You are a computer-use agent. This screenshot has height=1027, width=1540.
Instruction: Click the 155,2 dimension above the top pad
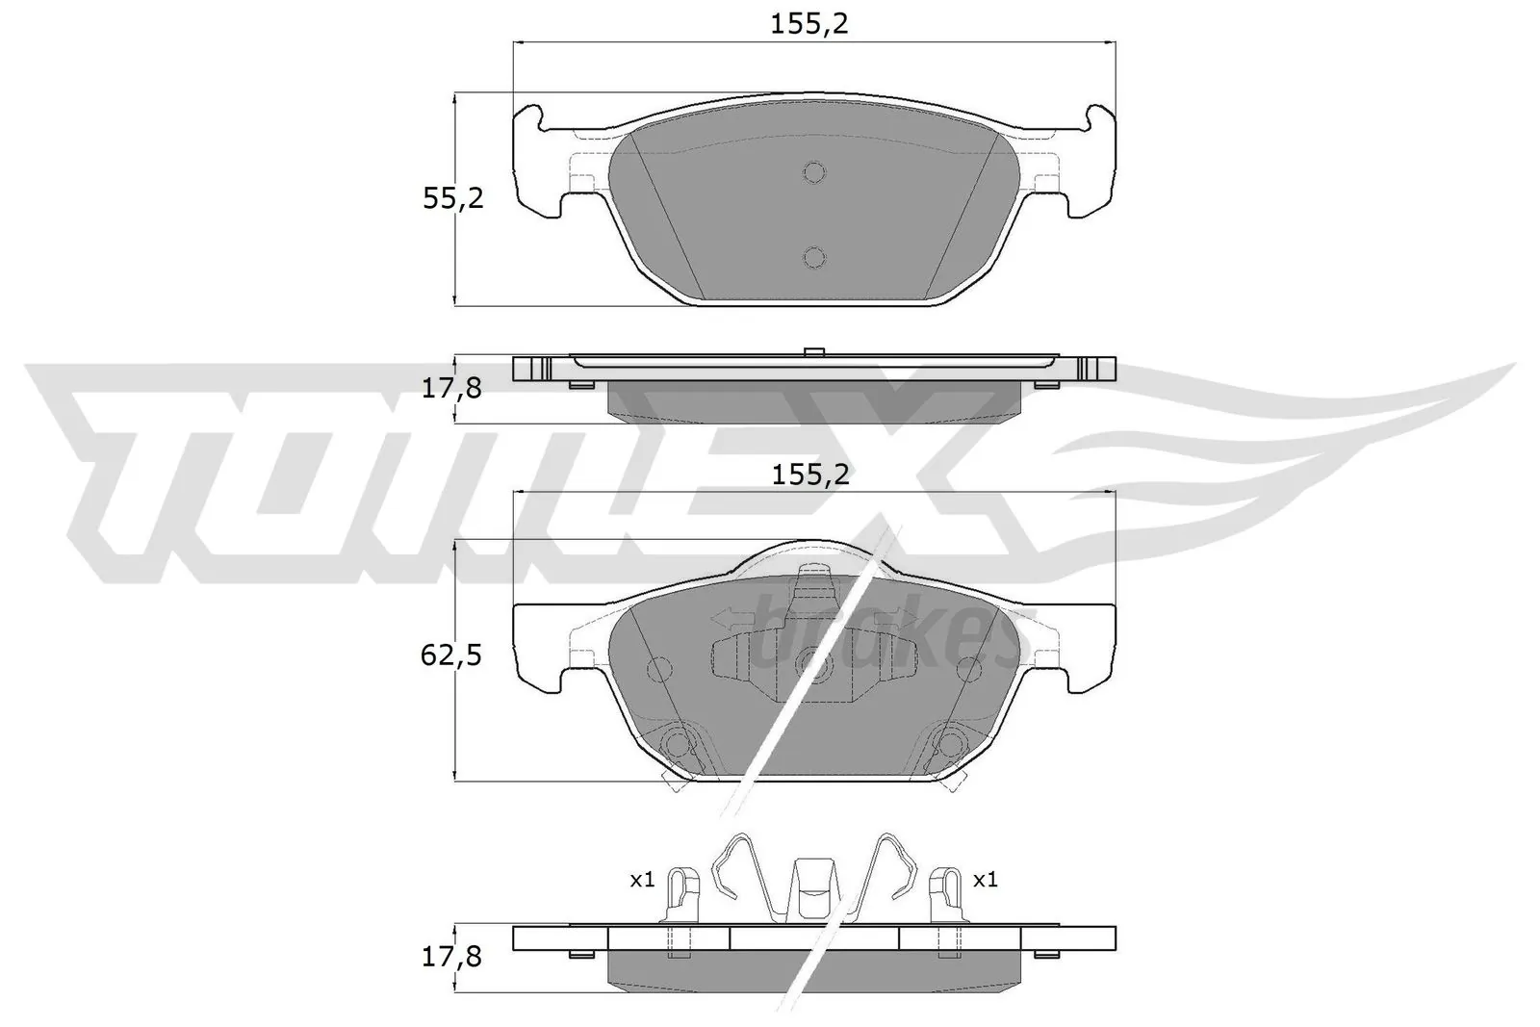point(809,25)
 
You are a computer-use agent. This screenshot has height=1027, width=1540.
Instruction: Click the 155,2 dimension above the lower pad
point(809,475)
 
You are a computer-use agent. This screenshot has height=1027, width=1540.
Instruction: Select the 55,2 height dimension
point(452,199)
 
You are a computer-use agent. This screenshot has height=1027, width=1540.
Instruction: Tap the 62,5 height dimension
point(452,656)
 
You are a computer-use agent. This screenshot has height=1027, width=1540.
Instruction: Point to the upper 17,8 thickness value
point(452,389)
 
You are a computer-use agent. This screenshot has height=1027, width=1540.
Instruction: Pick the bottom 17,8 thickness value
point(452,957)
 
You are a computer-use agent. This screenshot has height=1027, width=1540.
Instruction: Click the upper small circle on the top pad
point(814,173)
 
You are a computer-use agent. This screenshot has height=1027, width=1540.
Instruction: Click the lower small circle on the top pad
point(814,257)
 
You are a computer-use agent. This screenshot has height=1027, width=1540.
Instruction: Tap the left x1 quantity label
point(642,880)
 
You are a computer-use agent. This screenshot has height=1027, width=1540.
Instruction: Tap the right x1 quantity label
point(985,880)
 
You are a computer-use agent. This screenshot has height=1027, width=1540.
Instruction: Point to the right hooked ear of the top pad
point(1099,120)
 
